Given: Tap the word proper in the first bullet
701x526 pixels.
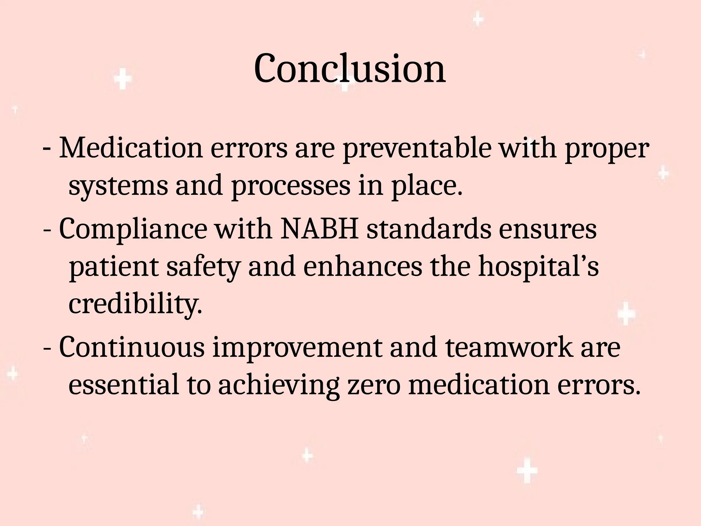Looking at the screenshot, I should coord(607,150).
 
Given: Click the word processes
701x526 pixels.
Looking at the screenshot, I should coord(291,186).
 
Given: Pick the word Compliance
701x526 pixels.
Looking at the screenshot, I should coord(133,230).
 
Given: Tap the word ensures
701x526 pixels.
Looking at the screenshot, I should coord(548,230).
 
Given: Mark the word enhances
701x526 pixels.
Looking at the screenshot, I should coord(363,267).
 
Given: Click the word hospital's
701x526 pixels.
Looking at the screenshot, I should coord(538,268).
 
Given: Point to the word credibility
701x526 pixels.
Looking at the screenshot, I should coord(136,305).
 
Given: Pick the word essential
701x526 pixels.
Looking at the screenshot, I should coord(124,385).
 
